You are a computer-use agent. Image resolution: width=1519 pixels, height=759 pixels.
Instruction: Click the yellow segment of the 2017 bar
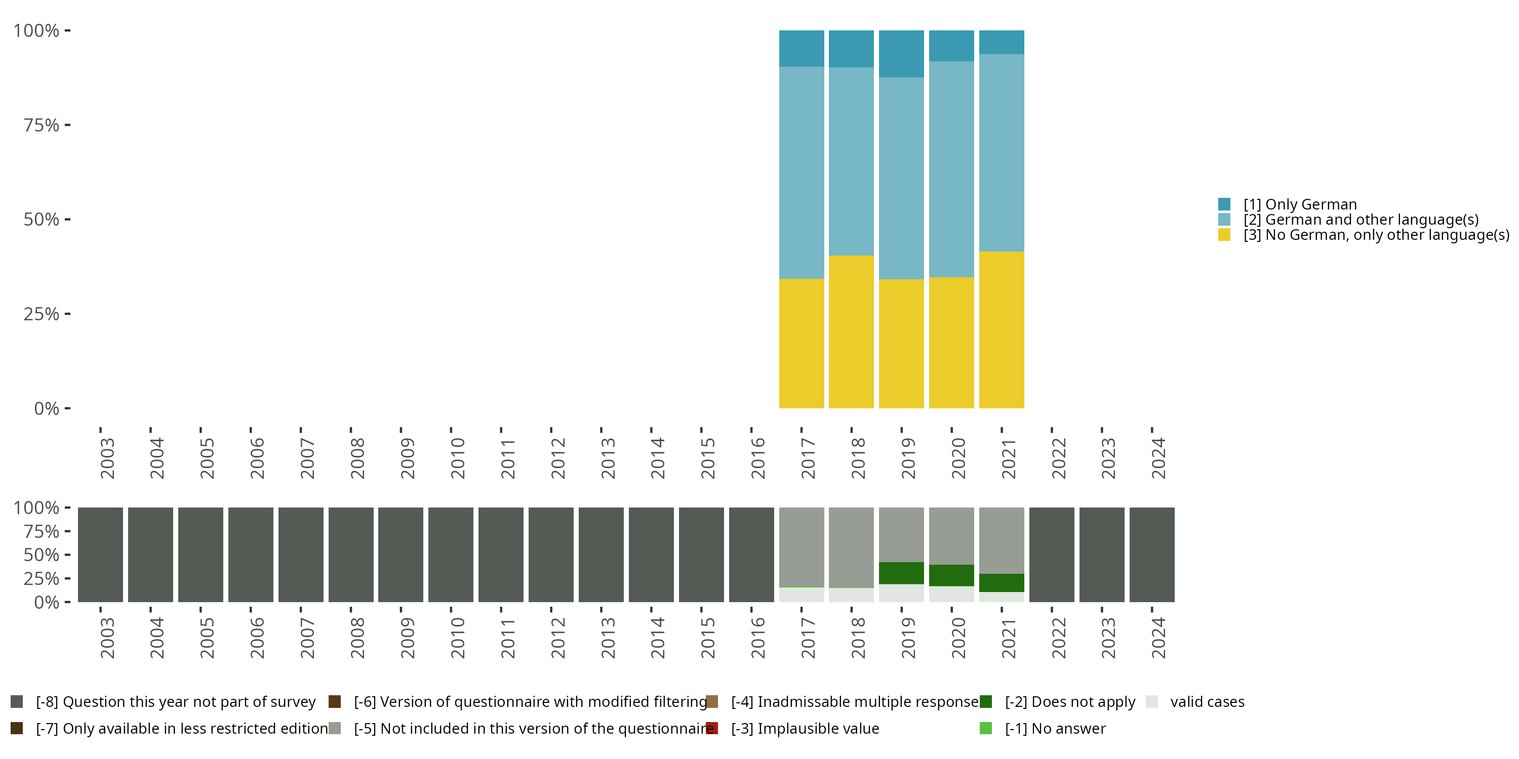pos(802,343)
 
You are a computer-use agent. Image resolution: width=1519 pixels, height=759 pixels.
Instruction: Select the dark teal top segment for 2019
pos(901,54)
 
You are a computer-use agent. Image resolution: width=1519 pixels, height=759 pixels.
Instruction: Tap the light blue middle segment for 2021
pos(1001,153)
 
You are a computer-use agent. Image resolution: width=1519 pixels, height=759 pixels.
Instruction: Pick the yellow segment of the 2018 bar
pos(851,331)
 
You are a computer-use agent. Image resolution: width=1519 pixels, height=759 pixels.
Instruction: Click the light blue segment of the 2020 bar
pos(951,169)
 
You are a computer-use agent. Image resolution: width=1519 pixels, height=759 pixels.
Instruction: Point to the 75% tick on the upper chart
pos(67,125)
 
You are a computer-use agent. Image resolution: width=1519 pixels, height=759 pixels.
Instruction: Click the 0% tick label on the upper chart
pos(46,408)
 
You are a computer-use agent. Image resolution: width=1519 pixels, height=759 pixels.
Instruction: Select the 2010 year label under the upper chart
pos(458,458)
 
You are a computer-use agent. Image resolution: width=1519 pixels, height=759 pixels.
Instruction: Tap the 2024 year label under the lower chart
pos(1158,638)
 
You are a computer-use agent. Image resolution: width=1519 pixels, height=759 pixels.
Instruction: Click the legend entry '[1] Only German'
pos(1300,204)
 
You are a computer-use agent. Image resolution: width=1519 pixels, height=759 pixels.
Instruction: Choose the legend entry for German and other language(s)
pos(1361,220)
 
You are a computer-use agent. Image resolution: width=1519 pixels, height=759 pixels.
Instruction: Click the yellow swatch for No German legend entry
pos(1224,235)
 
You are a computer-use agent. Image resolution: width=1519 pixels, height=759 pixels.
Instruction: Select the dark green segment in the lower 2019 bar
pos(901,573)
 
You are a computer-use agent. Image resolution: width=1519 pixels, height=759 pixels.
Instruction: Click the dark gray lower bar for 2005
pos(201,555)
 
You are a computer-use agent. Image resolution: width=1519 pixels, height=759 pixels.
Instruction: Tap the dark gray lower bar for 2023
pos(1101,555)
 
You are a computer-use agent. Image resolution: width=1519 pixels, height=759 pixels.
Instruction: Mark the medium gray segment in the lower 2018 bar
pos(851,547)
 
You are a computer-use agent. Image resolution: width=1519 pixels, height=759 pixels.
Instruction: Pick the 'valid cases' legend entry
pos(1207,702)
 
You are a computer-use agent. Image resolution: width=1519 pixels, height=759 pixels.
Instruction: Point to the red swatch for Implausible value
pos(712,728)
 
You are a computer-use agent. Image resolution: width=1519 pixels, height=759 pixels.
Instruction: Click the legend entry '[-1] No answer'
pos(1055,728)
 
